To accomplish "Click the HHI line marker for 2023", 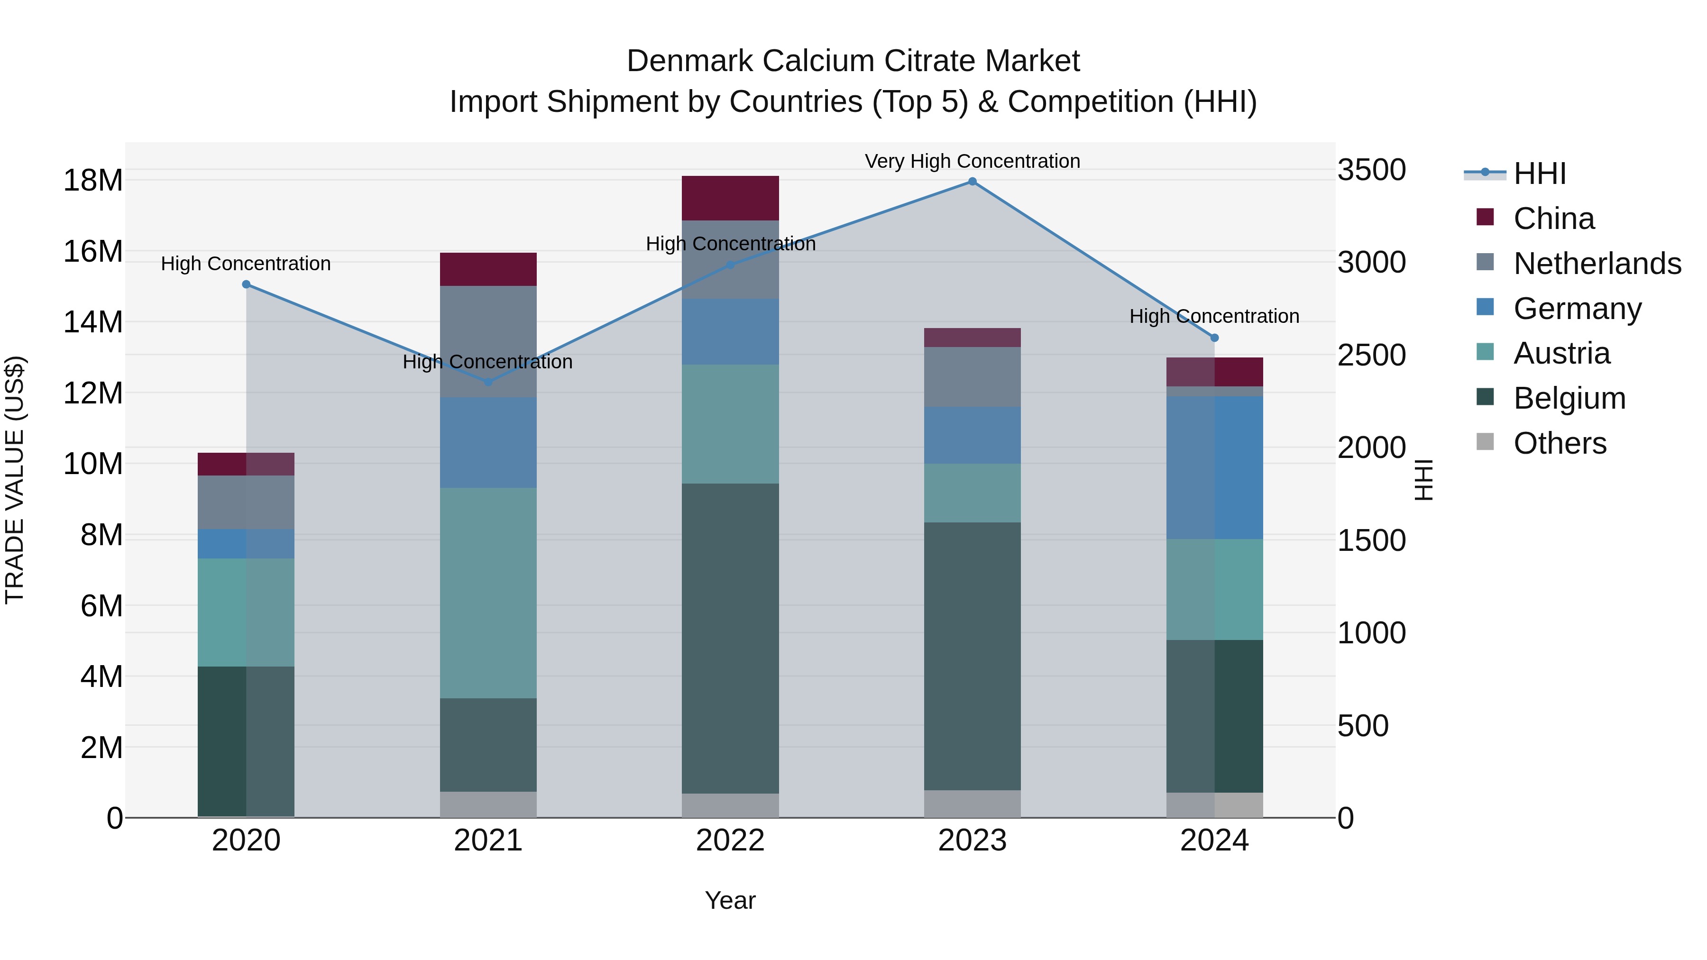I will [x=972, y=182].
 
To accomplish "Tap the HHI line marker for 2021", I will [x=488, y=382].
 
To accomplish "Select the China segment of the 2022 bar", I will [x=730, y=198].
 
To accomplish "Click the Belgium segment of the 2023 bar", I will [x=972, y=656].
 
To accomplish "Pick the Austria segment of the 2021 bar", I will [x=488, y=593].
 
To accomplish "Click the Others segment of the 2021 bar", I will [x=488, y=805].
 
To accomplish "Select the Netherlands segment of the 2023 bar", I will [x=972, y=377].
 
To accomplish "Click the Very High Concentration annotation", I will [x=972, y=161].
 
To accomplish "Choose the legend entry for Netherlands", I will [x=1597, y=264].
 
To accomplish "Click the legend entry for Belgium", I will [x=1569, y=398].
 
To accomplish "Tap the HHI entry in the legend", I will [x=1539, y=174].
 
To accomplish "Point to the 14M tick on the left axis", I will [x=93, y=323].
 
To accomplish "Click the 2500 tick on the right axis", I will [x=1371, y=355].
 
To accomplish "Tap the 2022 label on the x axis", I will [x=730, y=841].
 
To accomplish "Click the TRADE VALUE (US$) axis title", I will [x=15, y=480].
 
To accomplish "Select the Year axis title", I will [x=730, y=900].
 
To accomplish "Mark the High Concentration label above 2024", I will [x=1214, y=317].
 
